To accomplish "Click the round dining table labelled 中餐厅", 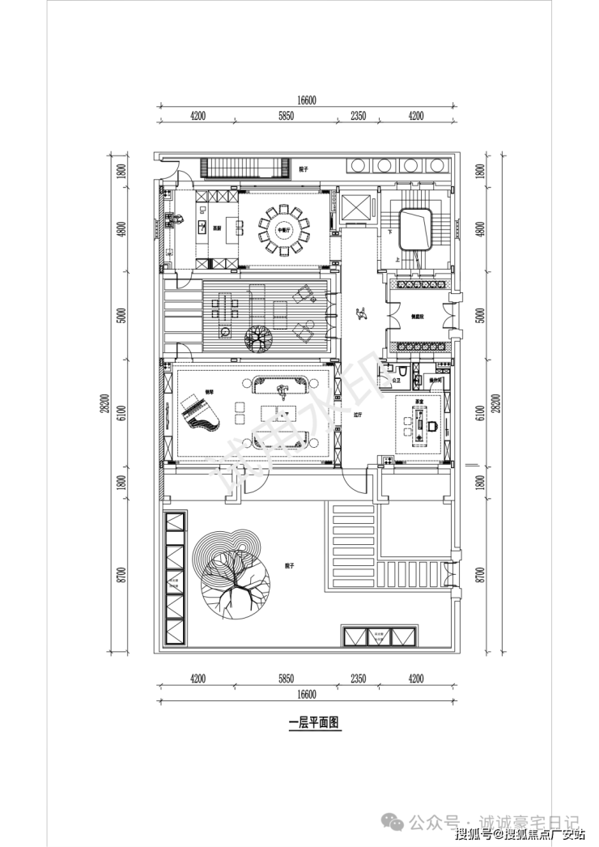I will click(x=283, y=229).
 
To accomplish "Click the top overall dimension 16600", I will click(x=305, y=100).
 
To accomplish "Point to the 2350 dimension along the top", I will click(x=359, y=116).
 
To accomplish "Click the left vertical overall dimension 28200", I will click(x=104, y=402).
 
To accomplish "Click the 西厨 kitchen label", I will click(x=217, y=229).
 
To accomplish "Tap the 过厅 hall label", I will click(x=357, y=414).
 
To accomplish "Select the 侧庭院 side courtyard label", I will click(x=418, y=317).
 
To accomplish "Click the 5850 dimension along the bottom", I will click(x=285, y=679).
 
